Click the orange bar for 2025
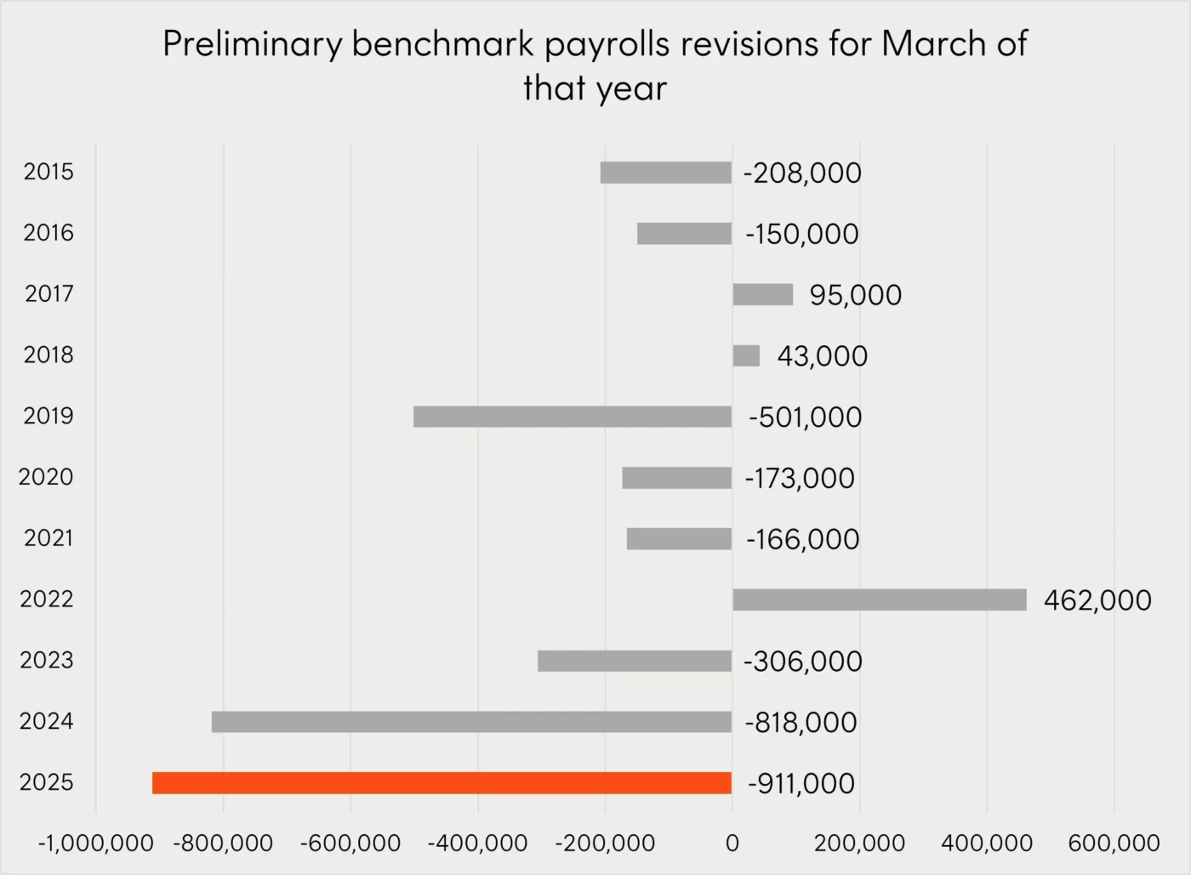(442, 782)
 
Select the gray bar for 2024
(471, 721)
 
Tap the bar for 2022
(880, 599)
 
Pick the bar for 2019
(573, 416)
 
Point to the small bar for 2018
(746, 355)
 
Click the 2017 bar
(763, 294)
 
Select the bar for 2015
(666, 173)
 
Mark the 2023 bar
(635, 661)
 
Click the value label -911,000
(801, 783)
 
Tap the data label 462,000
(1097, 600)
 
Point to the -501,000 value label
(805, 417)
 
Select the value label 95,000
(855, 295)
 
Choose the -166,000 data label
(802, 539)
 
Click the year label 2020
(46, 477)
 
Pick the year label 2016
(48, 233)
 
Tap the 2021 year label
(48, 538)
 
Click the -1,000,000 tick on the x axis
(96, 844)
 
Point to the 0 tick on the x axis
(732, 844)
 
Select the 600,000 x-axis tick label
(1114, 844)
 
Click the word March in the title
(934, 44)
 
